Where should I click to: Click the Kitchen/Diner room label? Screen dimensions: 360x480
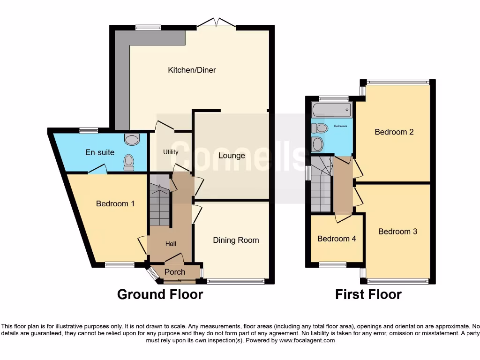(192, 70)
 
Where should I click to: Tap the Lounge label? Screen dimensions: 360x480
(232, 156)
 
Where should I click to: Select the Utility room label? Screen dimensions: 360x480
(171, 152)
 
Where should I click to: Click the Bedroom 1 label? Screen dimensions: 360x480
(115, 203)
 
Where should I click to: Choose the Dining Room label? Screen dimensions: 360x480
(236, 240)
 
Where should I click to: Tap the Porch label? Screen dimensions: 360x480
(174, 272)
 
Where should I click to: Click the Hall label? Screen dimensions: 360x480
(170, 244)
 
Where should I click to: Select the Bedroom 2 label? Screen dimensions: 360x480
(394, 132)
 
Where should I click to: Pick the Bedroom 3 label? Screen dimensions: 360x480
(397, 231)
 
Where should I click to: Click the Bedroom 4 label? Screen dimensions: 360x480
(337, 239)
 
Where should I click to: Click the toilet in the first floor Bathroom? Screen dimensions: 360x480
(321, 128)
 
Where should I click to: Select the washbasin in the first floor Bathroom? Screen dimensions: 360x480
(317, 144)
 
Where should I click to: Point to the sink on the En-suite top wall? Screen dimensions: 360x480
(133, 139)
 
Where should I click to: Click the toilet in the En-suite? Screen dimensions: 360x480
(128, 162)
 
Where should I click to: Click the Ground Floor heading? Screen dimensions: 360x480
(160, 294)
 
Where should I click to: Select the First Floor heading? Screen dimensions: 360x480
(368, 294)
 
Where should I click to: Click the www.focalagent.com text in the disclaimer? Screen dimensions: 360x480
(307, 340)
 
